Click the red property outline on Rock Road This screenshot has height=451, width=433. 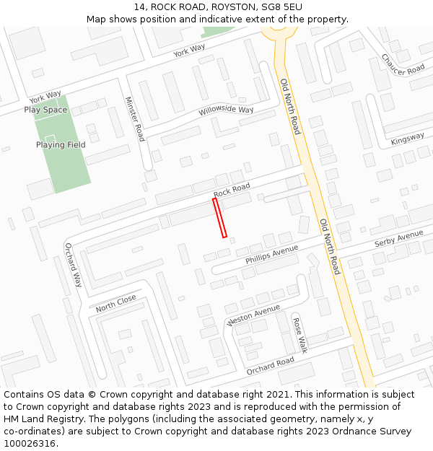pos(219,217)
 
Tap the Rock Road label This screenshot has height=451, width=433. pos(232,190)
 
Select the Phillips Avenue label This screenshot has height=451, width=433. pos(271,254)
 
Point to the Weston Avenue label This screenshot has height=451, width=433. pos(253,315)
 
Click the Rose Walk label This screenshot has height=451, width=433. pos(299,333)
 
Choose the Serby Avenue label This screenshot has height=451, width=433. pos(398,240)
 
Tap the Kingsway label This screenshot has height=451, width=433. pos(408,139)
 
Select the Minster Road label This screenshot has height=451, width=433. pos(135,119)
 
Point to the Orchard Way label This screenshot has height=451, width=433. pos(74,265)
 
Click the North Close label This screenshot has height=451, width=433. pos(116,303)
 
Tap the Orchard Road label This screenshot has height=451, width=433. pos(270,366)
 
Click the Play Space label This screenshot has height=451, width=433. pos(45,110)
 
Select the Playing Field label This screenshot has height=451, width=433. pos(61,144)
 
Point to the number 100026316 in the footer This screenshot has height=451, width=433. pos(29,444)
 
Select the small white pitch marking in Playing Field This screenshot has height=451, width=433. pos(50,137)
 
